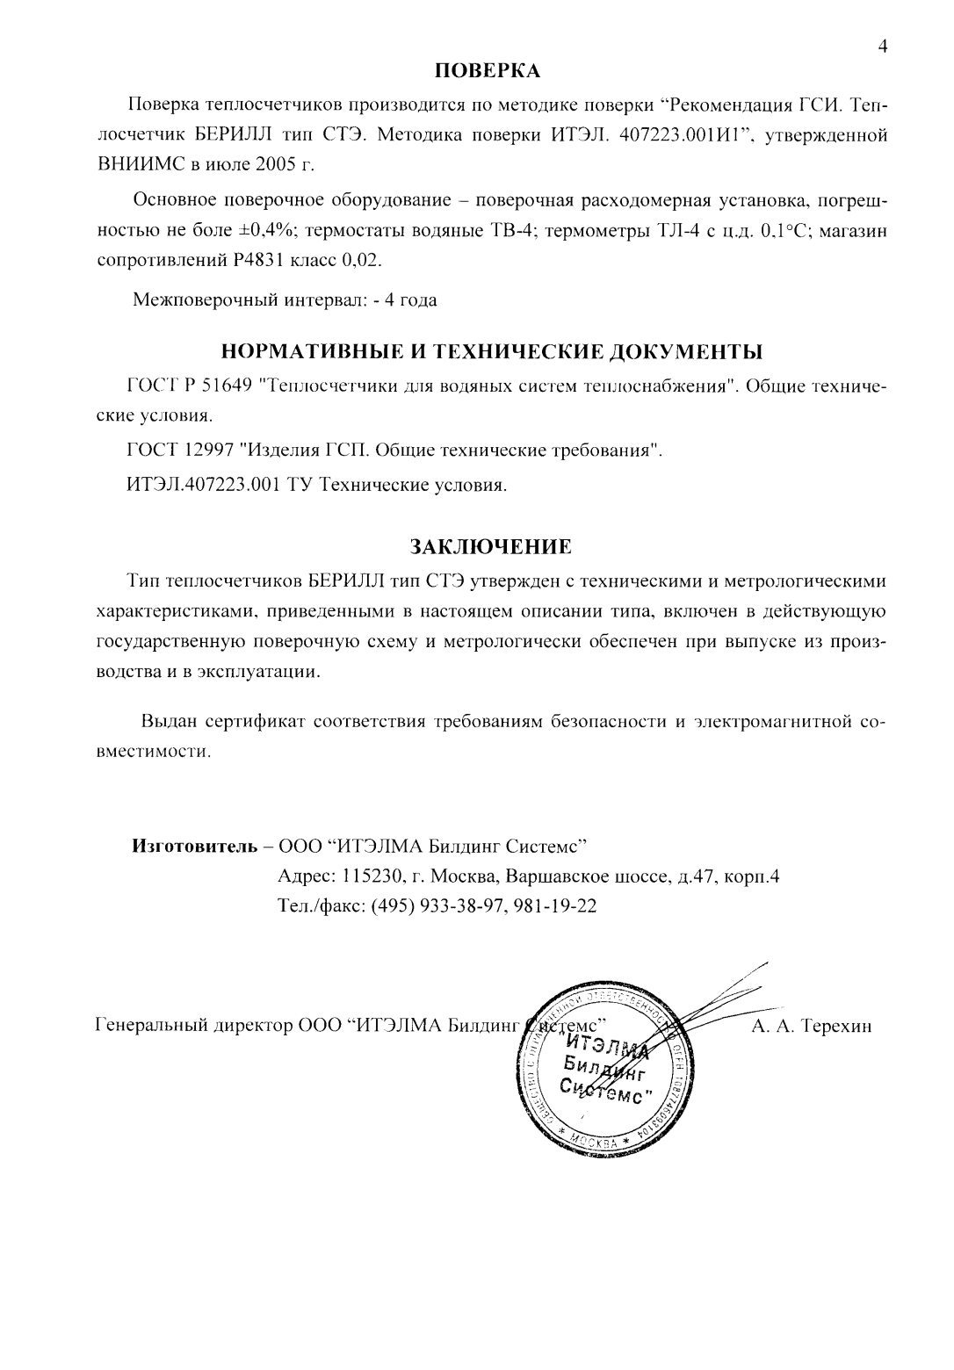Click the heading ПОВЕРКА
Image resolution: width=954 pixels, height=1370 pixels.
point(488,70)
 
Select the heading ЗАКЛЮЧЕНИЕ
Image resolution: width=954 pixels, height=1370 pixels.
point(492,546)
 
